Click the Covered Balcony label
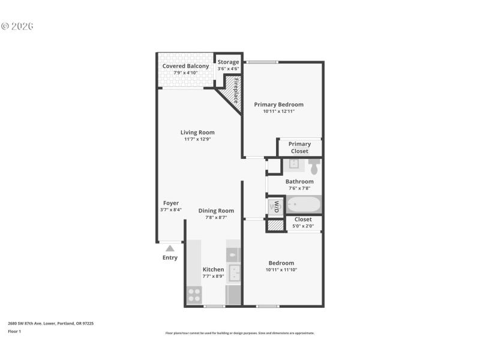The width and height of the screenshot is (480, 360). click(x=186, y=66)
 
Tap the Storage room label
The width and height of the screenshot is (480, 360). click(x=228, y=62)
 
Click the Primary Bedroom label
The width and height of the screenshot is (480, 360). click(x=278, y=104)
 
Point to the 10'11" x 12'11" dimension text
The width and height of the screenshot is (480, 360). click(x=278, y=111)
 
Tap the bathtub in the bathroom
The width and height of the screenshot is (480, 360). click(x=304, y=205)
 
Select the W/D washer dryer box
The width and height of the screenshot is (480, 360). click(x=276, y=206)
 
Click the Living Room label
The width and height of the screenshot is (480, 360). click(x=197, y=133)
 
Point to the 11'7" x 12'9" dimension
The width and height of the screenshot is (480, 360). click(x=197, y=139)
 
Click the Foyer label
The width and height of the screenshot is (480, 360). click(x=171, y=203)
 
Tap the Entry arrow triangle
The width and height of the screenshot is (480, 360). click(x=170, y=248)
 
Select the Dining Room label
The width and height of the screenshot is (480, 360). click(x=216, y=211)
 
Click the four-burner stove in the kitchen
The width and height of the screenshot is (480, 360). click(x=194, y=295)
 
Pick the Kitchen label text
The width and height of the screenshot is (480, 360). click(x=213, y=269)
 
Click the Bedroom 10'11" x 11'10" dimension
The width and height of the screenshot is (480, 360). click(x=281, y=270)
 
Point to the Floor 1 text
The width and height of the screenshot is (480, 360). click(x=14, y=331)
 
